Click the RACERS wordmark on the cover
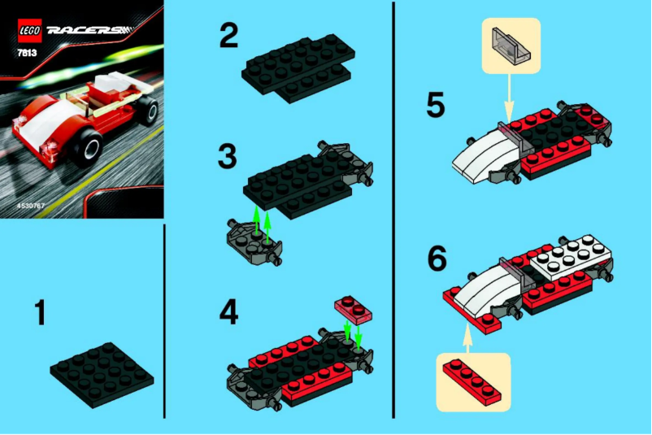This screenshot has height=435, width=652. [x=85, y=32]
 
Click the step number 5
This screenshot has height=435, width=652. [x=437, y=105]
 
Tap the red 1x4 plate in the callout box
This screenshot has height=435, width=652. [x=473, y=381]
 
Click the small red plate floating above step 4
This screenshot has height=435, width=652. [x=353, y=309]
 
